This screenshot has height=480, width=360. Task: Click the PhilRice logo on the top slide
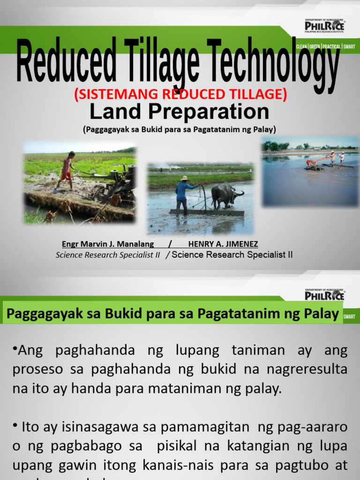[x=324, y=24]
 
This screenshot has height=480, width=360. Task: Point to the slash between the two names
[x=170, y=244]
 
